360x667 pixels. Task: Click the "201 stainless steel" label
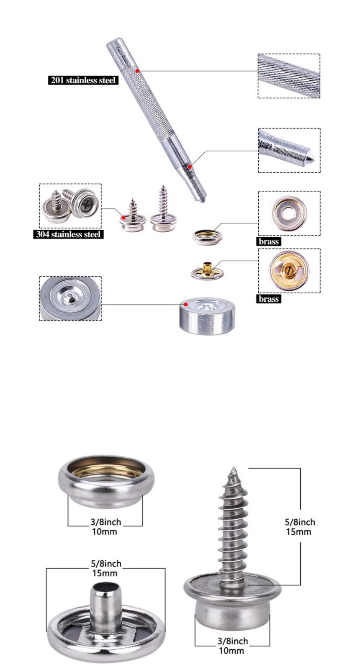pos(83,80)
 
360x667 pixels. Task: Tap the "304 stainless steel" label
pos(68,234)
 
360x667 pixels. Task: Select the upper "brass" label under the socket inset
pos(269,241)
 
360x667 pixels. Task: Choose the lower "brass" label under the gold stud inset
pos(269,299)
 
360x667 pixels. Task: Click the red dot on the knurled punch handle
pos(137,71)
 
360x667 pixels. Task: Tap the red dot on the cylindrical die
pos(185,304)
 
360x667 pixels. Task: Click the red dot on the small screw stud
pos(123,218)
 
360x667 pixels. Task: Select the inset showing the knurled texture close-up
pos(289,76)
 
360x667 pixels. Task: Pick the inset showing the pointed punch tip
pos(289,150)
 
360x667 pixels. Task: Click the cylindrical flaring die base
pos(207,315)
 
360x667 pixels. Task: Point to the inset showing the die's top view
pos(70,298)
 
